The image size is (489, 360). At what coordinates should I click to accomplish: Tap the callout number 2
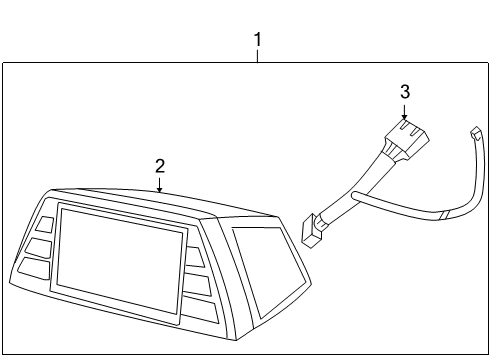click(x=158, y=165)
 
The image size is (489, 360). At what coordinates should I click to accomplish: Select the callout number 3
click(x=404, y=91)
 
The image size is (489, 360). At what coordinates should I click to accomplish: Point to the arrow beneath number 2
click(x=158, y=182)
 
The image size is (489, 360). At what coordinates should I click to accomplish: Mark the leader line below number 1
click(x=257, y=56)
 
